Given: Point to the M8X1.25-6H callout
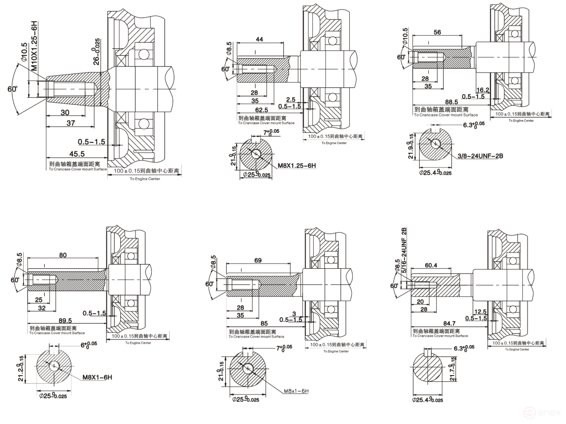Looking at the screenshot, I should click(297, 165).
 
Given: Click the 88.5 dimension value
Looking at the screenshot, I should click(451, 102).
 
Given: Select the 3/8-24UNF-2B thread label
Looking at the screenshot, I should click(481, 155).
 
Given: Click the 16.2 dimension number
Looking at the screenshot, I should click(482, 89).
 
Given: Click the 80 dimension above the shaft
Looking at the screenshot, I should click(62, 255).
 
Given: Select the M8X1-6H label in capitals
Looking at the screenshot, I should click(97, 377).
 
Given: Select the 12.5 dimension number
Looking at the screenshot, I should click(481, 311).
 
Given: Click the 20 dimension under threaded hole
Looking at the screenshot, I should click(420, 301).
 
